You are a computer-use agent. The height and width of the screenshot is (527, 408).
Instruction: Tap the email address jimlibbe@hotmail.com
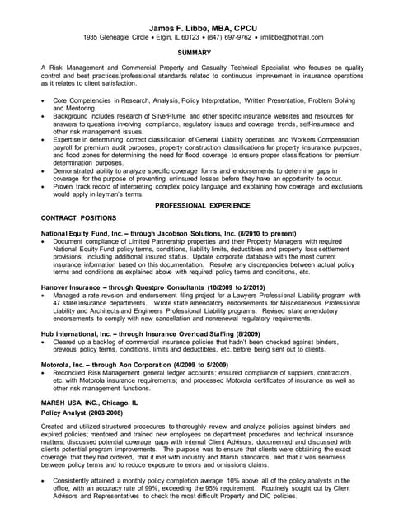pyautogui.click(x=287, y=37)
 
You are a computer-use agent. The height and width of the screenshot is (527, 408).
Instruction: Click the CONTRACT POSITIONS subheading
pyautogui.click(x=78, y=217)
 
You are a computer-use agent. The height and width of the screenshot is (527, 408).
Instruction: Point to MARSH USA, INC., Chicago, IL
pyautogui.click(x=91, y=403)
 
